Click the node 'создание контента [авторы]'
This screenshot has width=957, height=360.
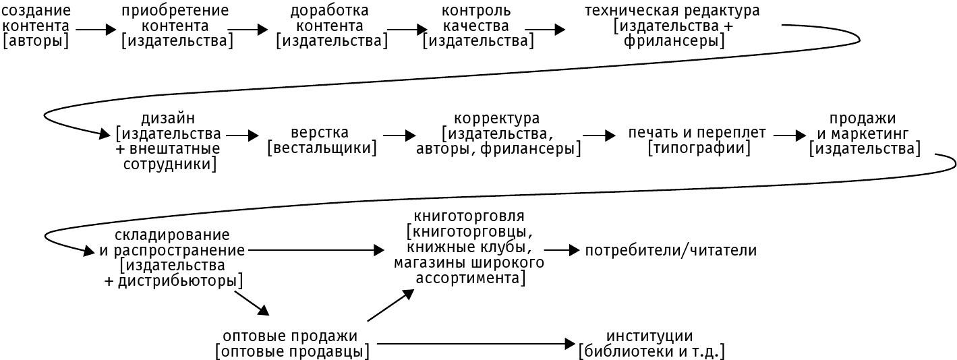point(36,26)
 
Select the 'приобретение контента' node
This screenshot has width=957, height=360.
point(176,26)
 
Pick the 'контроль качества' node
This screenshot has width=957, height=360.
point(477,26)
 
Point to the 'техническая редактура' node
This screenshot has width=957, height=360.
point(672,26)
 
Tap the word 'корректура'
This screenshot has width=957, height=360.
point(497,119)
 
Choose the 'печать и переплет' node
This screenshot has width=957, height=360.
point(697,140)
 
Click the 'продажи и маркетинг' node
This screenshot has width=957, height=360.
point(865,133)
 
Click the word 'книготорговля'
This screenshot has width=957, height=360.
point(468,216)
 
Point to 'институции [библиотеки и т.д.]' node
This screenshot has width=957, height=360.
point(650,343)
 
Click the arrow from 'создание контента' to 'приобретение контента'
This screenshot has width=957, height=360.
point(96,30)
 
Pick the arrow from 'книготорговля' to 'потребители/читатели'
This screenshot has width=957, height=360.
point(561,250)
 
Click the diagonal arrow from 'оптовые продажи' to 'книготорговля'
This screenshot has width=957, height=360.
point(390,305)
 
